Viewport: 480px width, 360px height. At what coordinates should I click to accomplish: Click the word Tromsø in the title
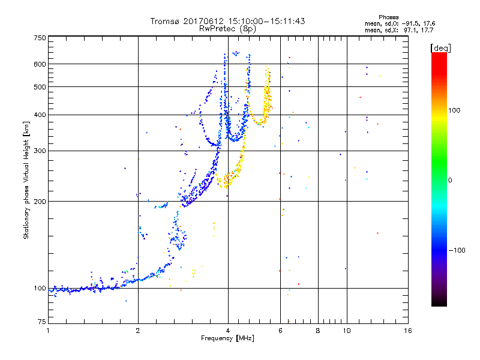click(165, 21)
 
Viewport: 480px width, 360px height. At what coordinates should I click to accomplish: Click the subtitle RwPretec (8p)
click(228, 28)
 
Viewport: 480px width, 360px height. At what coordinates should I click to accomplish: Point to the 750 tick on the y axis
click(40, 37)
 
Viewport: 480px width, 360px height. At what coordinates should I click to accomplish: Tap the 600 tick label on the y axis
click(40, 64)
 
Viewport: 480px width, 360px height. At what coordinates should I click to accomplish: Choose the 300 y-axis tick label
click(40, 151)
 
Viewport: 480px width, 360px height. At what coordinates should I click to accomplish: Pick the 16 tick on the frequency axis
click(407, 331)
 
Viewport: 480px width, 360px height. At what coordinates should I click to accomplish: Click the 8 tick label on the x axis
click(318, 331)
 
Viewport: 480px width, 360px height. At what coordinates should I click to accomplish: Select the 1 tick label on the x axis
click(48, 331)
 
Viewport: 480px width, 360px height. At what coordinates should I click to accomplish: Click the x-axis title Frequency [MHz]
click(227, 338)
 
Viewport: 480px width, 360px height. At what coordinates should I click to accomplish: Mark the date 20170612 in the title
click(203, 21)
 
